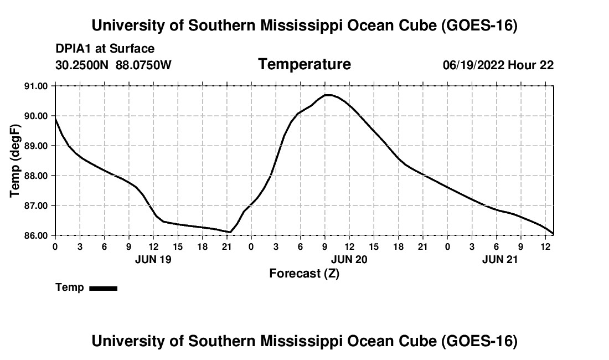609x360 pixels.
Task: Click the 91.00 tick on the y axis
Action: pyautogui.click(x=37, y=86)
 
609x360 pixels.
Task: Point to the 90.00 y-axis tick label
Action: pyautogui.click(x=37, y=116)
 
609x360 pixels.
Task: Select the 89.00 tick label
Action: pyautogui.click(x=37, y=146)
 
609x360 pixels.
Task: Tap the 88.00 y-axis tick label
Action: pyautogui.click(x=37, y=176)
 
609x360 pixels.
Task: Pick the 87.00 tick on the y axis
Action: pyautogui.click(x=37, y=205)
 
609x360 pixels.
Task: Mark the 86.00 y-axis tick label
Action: pyautogui.click(x=37, y=235)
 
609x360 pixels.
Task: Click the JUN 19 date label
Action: pyautogui.click(x=153, y=259)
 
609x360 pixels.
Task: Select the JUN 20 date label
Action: pyautogui.click(x=349, y=259)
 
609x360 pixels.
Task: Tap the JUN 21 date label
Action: pyautogui.click(x=500, y=259)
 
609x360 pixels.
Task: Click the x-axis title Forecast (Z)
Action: pyautogui.click(x=304, y=274)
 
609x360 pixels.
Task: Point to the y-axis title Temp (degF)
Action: pyautogui.click(x=15, y=161)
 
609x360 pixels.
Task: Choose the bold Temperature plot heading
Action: pyautogui.click(x=304, y=64)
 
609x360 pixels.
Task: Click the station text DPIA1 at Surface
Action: pyautogui.click(x=105, y=49)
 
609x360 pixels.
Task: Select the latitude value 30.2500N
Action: pyautogui.click(x=82, y=65)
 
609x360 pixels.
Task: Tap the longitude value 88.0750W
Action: pyautogui.click(x=143, y=65)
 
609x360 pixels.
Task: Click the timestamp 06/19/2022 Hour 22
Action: pyautogui.click(x=498, y=65)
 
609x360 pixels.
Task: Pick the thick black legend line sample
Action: pyautogui.click(x=104, y=288)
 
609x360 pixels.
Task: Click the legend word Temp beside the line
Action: pyautogui.click(x=70, y=287)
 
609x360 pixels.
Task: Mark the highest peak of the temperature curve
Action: pyautogui.click(x=328, y=95)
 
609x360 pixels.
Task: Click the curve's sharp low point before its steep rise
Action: pyautogui.click(x=230, y=232)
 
